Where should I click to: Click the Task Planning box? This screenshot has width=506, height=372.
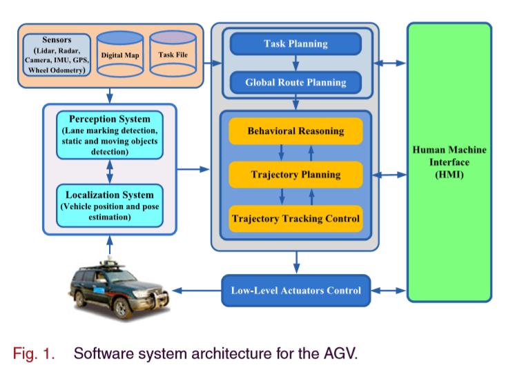295,44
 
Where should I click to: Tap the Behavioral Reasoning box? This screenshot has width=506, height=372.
295,131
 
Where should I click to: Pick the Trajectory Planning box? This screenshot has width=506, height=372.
295,175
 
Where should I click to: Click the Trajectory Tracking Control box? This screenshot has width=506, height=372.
295,219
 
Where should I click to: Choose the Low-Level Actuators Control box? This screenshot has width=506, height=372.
295,290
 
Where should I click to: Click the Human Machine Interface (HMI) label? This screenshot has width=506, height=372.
449,162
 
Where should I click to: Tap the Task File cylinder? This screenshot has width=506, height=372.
173,54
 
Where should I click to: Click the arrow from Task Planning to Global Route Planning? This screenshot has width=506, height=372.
295,63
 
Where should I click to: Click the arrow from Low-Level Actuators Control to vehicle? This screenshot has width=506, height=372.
196,291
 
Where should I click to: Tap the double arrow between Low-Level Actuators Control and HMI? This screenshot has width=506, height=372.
389,291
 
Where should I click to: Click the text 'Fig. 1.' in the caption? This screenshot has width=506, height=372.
33,354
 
